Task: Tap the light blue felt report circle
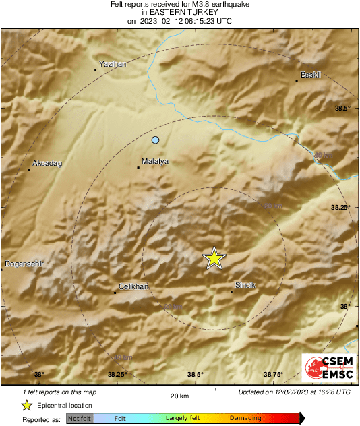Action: pos(156,140)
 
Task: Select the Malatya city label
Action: pos(154,162)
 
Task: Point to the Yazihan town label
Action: pos(113,63)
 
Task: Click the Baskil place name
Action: pos(311,74)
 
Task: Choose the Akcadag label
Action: pos(47,164)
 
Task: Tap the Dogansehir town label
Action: pos(24,264)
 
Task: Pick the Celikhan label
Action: pos(133,287)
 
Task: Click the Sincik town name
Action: pos(245,285)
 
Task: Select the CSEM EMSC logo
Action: pos(328,369)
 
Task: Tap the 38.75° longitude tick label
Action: pos(273,375)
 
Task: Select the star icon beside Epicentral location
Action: pos(26,405)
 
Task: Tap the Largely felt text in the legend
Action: pos(181,419)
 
